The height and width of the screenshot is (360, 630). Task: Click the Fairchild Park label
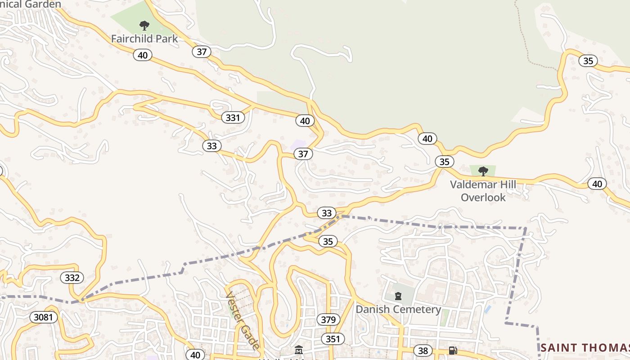(144, 39)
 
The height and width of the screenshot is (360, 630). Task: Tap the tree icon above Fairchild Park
(144, 25)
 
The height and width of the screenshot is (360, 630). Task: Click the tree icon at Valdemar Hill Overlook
(483, 171)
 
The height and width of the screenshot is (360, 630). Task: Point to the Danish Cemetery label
(398, 310)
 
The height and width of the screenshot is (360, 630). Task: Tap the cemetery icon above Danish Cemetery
(398, 296)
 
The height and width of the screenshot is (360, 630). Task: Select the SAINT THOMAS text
(585, 347)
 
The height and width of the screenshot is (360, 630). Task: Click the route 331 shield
(233, 118)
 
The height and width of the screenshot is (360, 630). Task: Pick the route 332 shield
(72, 278)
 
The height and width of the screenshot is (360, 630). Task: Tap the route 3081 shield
(44, 317)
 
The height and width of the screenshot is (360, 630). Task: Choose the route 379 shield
(328, 320)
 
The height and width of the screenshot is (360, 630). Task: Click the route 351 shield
(333, 339)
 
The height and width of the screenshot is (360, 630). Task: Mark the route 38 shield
(422, 351)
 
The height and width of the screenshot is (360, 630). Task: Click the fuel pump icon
(453, 351)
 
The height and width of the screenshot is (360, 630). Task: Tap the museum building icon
(298, 350)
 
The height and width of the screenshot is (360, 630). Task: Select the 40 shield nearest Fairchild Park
(143, 55)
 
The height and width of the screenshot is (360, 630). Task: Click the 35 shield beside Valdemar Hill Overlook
(444, 162)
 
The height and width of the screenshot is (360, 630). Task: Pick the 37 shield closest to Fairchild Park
(202, 52)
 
